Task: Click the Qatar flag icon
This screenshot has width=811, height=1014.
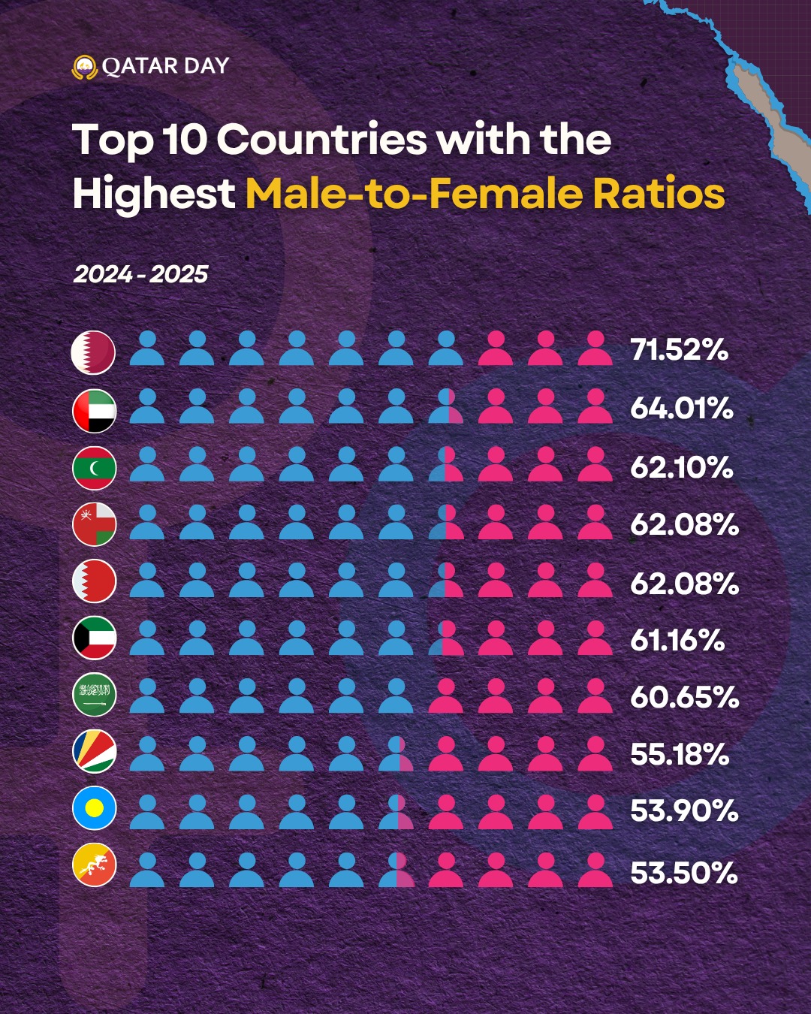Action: pos(93,352)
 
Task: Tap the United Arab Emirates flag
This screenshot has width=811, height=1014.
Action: pos(95,411)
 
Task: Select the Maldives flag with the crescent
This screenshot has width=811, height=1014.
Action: pos(95,468)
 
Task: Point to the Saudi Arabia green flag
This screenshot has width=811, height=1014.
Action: pos(95,694)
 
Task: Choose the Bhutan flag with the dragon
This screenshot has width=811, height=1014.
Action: pos(95,865)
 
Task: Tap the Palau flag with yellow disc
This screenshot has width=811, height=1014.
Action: pos(95,807)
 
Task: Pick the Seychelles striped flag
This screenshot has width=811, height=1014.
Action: pos(95,751)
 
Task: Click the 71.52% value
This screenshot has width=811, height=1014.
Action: pos(680,350)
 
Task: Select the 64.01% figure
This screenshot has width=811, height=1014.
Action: pos(682,408)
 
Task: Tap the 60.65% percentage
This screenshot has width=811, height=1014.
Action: pos(685,697)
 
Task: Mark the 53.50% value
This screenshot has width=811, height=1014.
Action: pos(684,872)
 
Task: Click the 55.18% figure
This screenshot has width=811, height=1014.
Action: pos(680,754)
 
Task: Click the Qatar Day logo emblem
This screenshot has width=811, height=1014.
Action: pos(84,67)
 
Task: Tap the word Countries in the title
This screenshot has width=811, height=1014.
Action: pos(321,140)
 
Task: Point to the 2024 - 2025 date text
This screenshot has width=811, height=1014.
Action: pos(140,274)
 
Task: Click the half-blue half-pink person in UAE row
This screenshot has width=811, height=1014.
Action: pos(446,406)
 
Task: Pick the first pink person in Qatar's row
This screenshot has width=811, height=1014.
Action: pos(496,348)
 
